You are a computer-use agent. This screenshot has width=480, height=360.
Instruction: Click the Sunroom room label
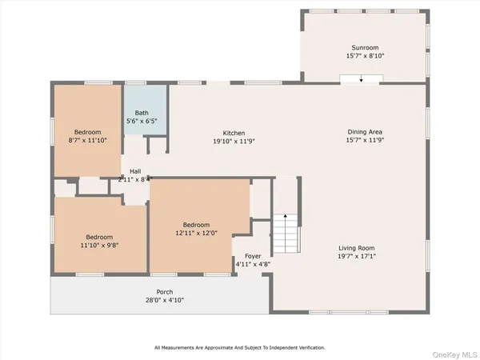point(363,48)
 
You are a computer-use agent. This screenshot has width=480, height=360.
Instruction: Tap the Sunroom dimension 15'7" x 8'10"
point(363,57)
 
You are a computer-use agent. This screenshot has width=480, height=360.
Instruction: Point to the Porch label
point(165,292)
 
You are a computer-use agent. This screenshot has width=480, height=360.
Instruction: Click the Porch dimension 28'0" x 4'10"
point(165,301)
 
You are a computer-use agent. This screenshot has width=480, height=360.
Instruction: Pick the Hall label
point(135,171)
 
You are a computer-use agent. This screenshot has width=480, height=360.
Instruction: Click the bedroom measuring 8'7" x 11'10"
point(86,137)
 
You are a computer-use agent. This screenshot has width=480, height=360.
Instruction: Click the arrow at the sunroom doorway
point(361,79)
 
